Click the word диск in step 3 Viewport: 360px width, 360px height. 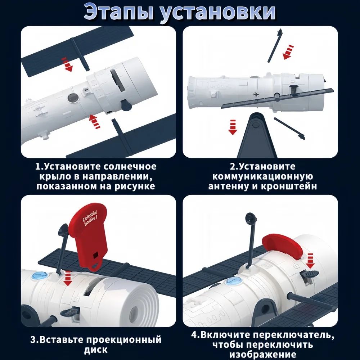pyautogui.click(x=96, y=350)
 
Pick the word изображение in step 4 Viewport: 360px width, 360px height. pyautogui.click(x=263, y=354)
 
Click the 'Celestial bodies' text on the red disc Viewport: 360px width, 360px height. pyautogui.click(x=90, y=219)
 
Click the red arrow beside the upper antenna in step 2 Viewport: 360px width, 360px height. pyautogui.click(x=288, y=52)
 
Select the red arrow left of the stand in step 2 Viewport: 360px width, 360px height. pyautogui.click(x=233, y=127)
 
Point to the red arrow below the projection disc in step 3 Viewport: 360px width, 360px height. pyautogui.click(x=68, y=278)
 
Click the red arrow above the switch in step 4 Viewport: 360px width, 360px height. pyautogui.click(x=310, y=261)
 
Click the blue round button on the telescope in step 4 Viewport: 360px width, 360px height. pyautogui.click(x=233, y=281)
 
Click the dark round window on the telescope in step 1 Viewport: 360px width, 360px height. pyautogui.click(x=73, y=98)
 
